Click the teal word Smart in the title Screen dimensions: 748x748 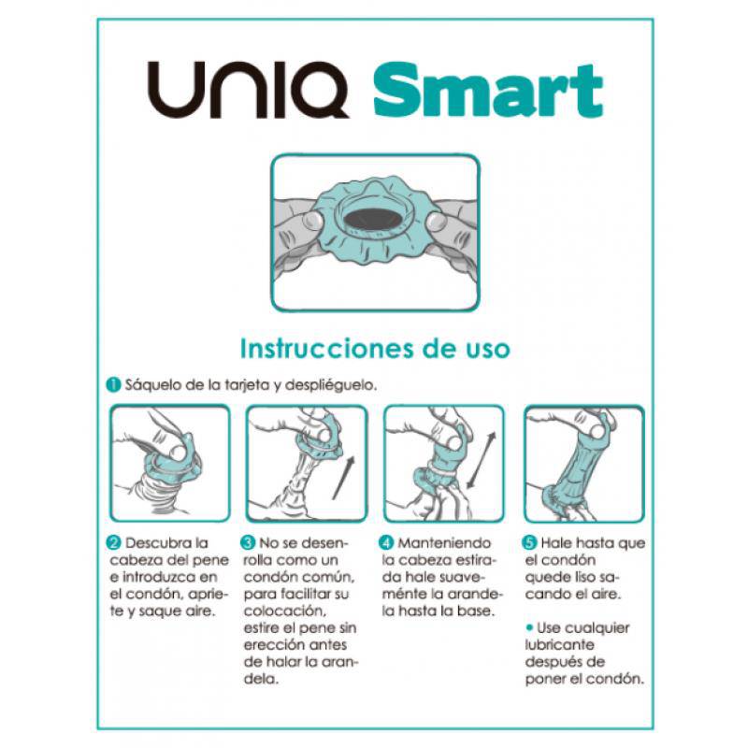(486, 92)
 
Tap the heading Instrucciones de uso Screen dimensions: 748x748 (375, 349)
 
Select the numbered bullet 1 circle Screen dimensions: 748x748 (111, 384)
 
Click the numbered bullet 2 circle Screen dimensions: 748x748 (112, 543)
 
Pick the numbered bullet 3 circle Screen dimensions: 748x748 (248, 541)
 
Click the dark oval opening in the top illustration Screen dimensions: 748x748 (375, 219)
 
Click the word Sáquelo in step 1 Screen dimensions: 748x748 (146, 384)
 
